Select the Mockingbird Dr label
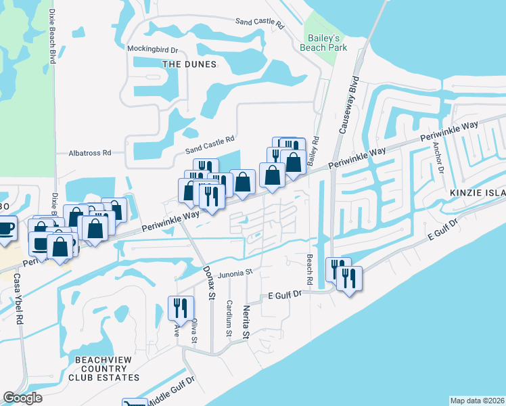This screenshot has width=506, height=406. (x=152, y=49)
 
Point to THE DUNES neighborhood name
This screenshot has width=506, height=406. (x=189, y=64)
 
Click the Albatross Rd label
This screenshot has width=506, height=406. (x=89, y=154)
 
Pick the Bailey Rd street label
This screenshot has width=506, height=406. (x=315, y=152)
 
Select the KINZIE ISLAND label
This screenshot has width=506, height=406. (x=478, y=193)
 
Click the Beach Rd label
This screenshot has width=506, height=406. (x=309, y=269)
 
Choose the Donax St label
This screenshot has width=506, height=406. (x=209, y=282)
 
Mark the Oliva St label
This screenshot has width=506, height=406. (x=194, y=332)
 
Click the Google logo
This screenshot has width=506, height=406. (x=22, y=398)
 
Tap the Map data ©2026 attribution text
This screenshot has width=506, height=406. (x=477, y=400)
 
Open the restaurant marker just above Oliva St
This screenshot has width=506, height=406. (x=181, y=309)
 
